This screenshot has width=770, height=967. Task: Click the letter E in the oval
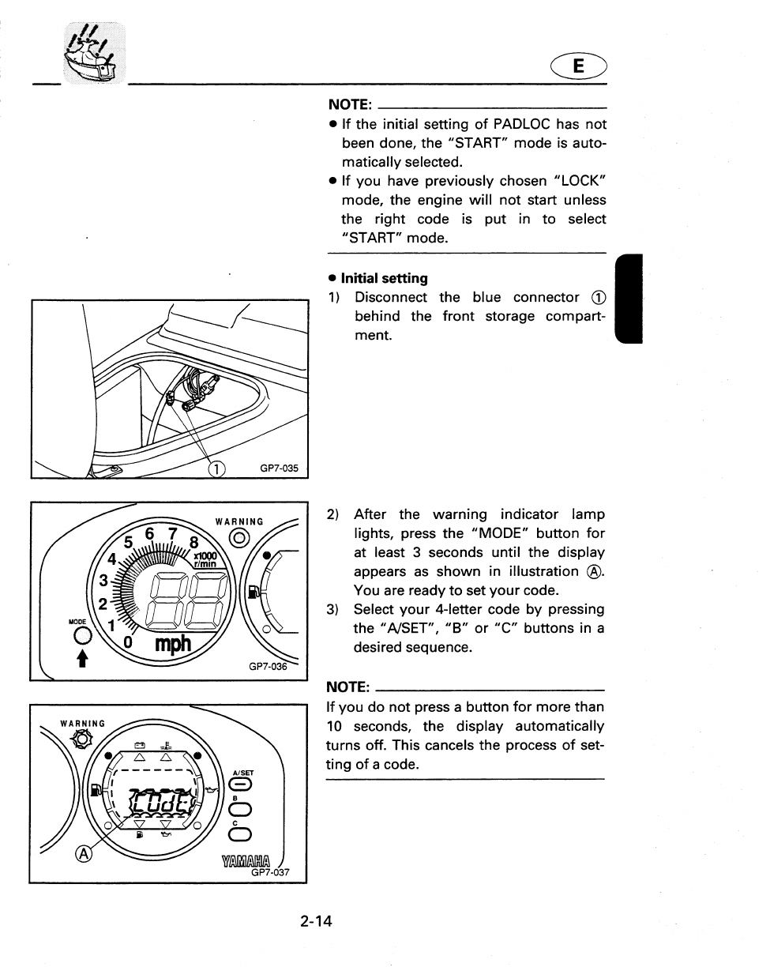pos(578,69)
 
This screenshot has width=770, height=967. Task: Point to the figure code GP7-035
pos(280,468)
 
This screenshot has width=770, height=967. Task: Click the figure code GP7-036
pos(268,667)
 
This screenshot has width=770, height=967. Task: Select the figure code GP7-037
pos(271,873)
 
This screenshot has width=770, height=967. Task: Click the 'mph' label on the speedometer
pos(173,645)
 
